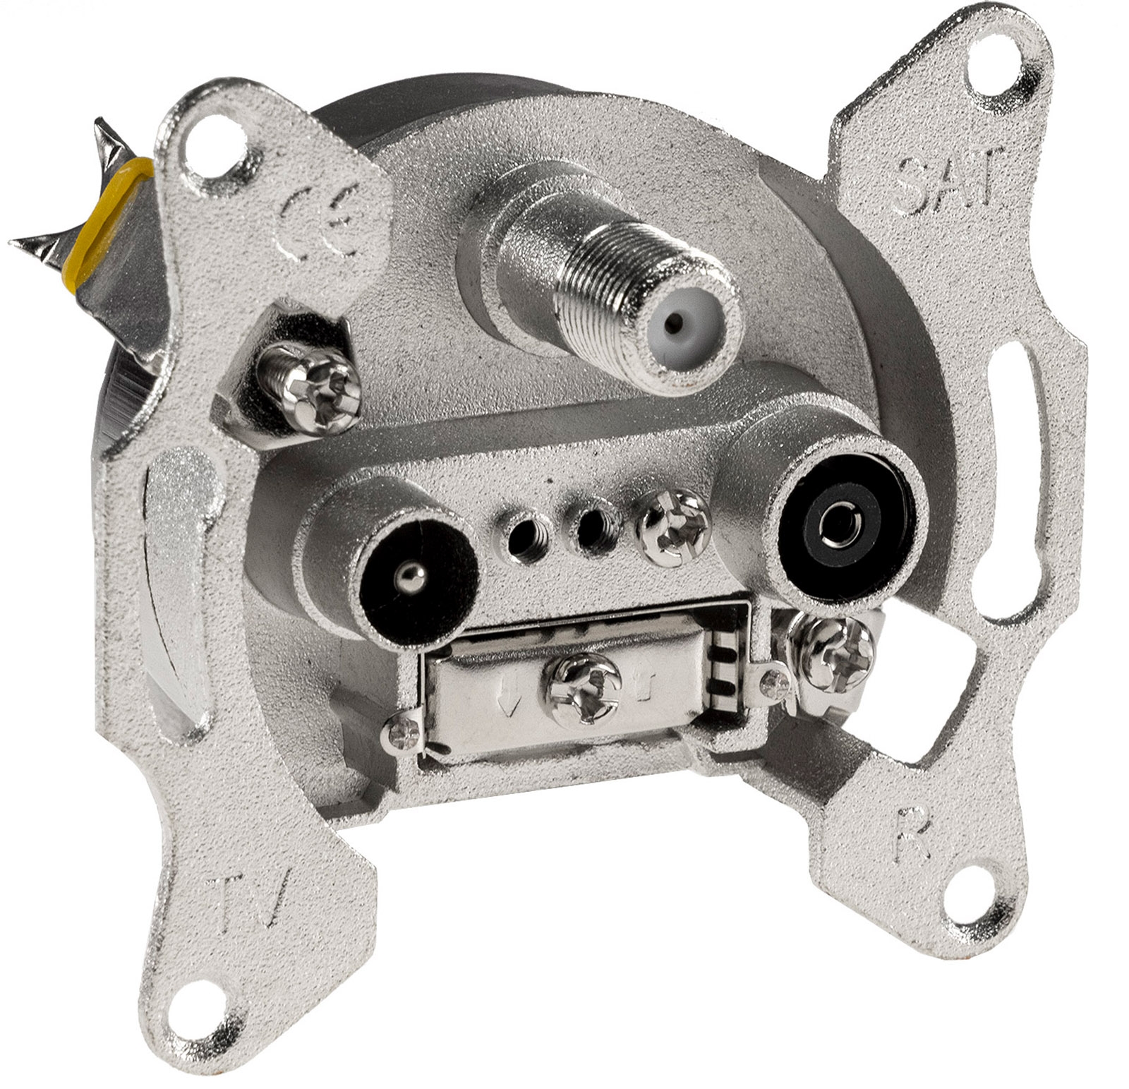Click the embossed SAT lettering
coord(948,174)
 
